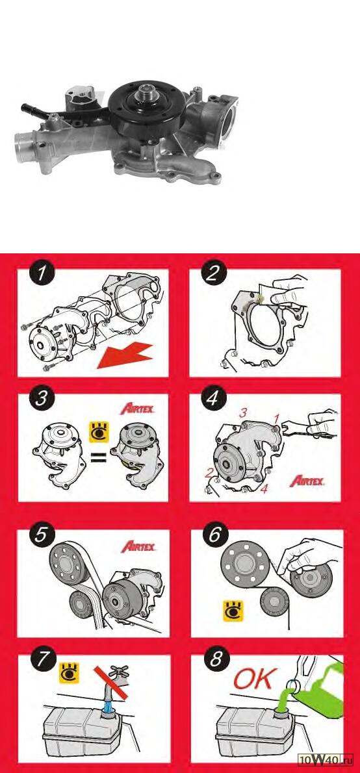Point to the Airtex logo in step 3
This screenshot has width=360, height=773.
pyautogui.click(x=138, y=409)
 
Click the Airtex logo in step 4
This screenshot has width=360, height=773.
pyautogui.click(x=307, y=481)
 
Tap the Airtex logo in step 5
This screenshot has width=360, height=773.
pyautogui.click(x=138, y=546)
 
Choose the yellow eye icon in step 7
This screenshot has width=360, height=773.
pyautogui.click(x=69, y=673)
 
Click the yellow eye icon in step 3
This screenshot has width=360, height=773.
pyautogui.click(x=98, y=432)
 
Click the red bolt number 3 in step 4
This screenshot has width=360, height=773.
pyautogui.click(x=242, y=414)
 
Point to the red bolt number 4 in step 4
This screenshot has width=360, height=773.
pyautogui.click(x=264, y=490)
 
